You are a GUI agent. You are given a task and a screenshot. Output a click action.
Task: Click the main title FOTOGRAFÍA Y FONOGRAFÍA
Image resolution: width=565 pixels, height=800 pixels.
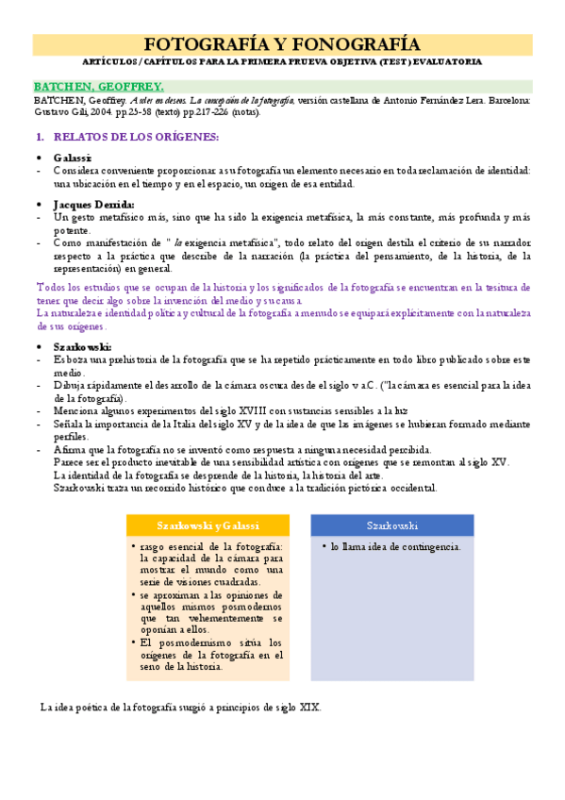pos(282,43)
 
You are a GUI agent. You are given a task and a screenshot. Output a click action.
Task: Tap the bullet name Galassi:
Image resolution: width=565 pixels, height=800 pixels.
pos(73,157)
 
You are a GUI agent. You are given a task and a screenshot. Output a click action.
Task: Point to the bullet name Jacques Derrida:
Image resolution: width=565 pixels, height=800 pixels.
pos(93,204)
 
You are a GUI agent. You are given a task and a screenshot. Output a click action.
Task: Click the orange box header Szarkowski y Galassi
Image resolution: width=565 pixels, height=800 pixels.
pos(208,525)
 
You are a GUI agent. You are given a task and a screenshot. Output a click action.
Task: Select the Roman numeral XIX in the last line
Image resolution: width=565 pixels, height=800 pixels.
pos(307,707)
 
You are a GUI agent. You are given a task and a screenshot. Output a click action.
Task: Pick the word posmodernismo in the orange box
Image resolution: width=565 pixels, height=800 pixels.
pos(193,642)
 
